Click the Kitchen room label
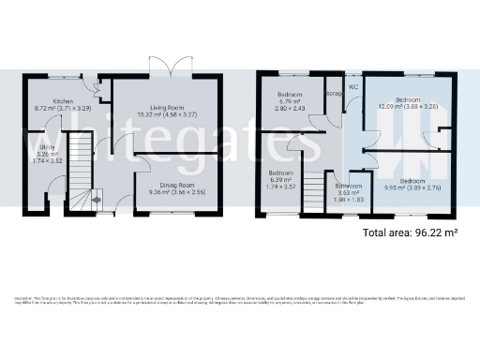tap(64, 101)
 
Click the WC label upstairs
tap(354, 88)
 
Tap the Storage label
tap(334, 94)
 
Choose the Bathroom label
tap(349, 186)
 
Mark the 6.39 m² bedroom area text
tap(282, 179)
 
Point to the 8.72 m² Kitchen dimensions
tap(63, 109)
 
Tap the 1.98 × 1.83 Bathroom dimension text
tap(349, 200)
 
